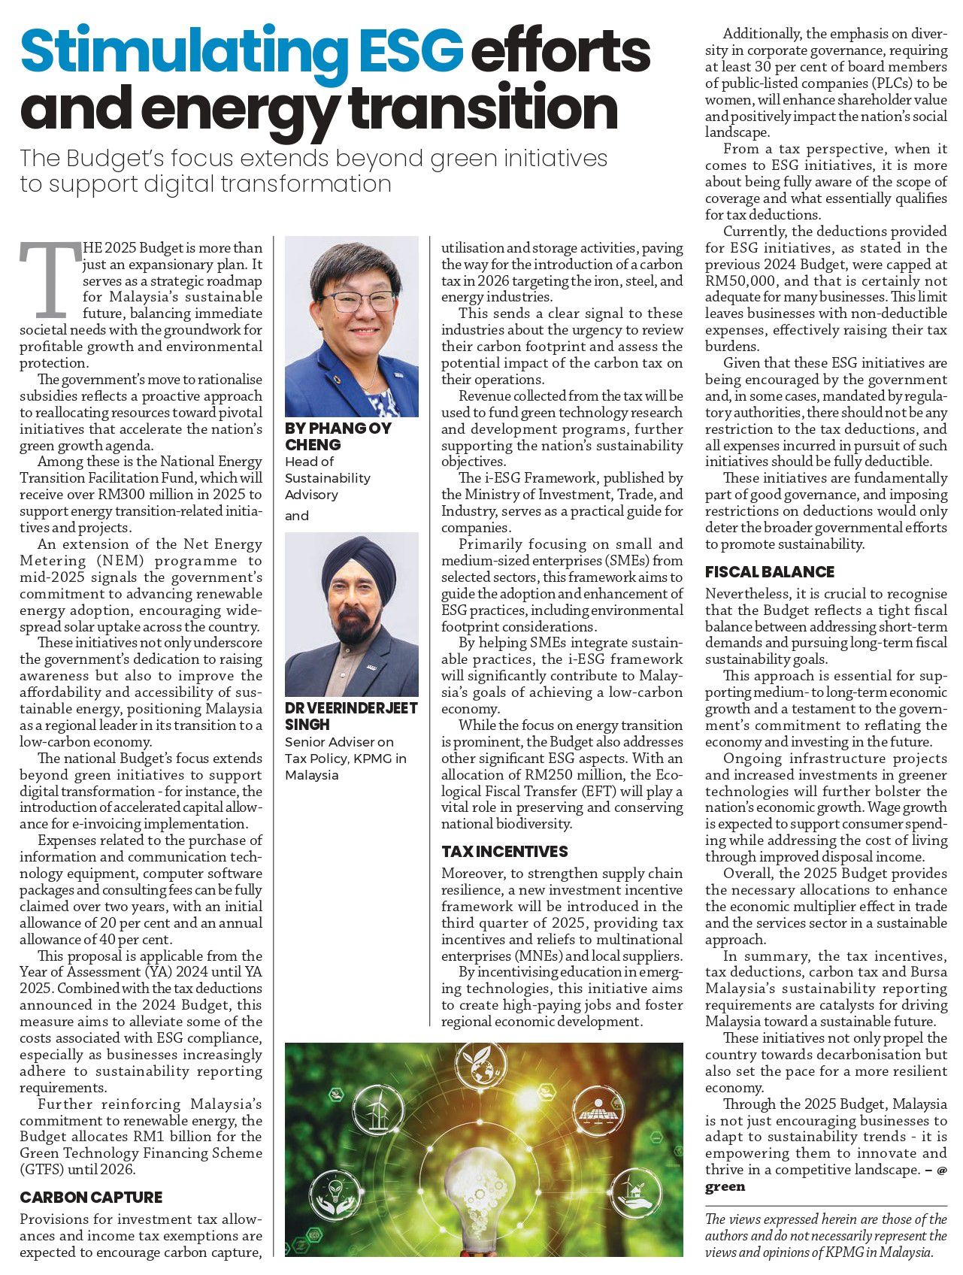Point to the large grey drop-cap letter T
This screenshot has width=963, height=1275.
point(50,279)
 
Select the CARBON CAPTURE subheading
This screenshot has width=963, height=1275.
point(91,1197)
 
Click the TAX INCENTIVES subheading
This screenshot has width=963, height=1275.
point(504,851)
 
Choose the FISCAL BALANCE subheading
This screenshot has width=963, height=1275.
point(769,571)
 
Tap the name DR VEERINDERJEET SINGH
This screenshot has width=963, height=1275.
point(350,716)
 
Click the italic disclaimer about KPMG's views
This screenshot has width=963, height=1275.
point(825,1236)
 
